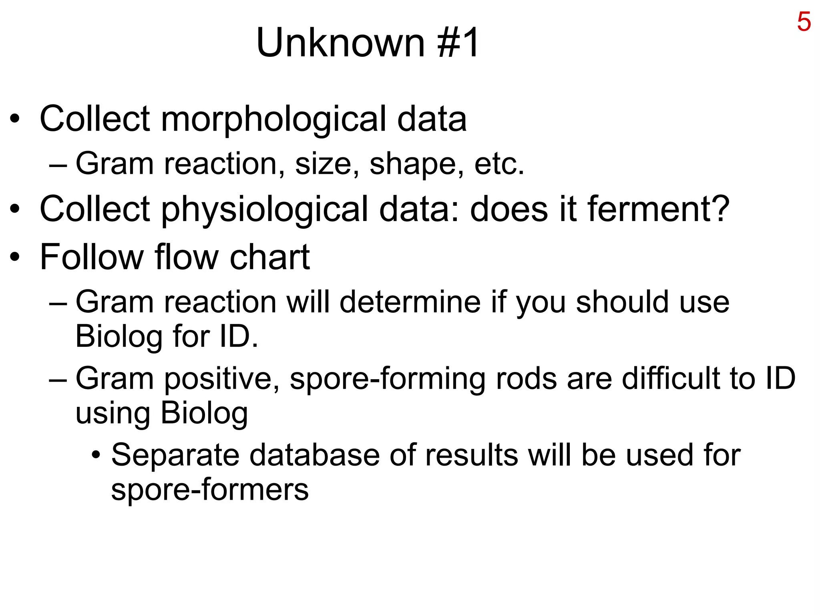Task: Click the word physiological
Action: [x=264, y=209]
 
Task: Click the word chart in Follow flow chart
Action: [x=269, y=257]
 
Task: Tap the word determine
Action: [x=410, y=302]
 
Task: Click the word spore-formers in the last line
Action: [x=210, y=490]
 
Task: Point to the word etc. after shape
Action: [x=499, y=164]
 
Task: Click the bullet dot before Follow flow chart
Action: [x=15, y=257]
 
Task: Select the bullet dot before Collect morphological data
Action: [x=15, y=119]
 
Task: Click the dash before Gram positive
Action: [x=58, y=379]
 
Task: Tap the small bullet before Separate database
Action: [x=96, y=455]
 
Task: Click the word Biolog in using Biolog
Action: [x=204, y=413]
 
